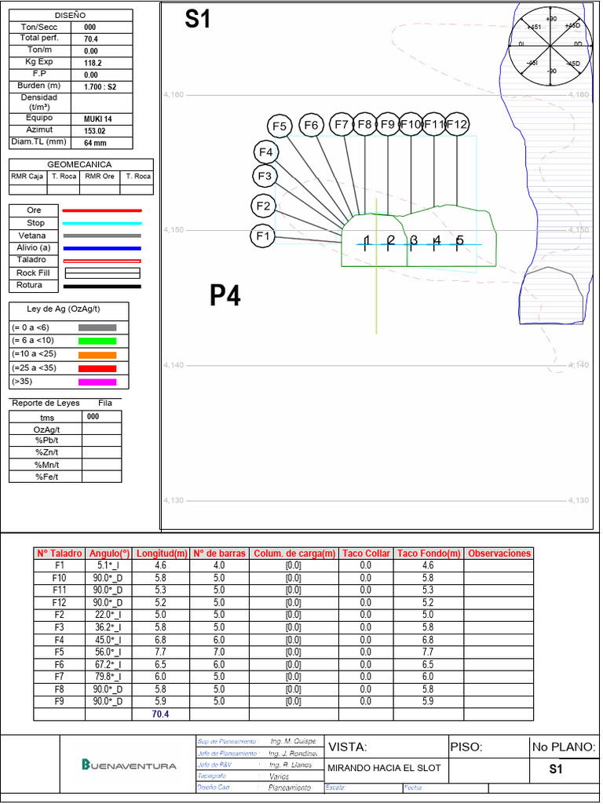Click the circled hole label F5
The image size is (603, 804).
280,126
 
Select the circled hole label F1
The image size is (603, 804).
262,236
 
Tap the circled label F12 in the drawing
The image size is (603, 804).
457,124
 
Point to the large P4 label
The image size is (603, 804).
225,296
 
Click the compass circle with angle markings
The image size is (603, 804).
551,45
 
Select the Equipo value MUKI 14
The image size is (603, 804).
98,119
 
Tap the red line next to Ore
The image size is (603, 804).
102,210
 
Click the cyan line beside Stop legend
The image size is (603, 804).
102,223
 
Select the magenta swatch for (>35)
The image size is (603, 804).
97,382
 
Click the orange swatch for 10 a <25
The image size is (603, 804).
97,355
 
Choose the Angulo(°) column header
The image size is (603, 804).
109,554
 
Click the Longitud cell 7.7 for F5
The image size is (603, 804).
160,652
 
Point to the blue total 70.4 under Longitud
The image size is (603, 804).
160,714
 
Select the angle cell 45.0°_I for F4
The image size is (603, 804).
109,640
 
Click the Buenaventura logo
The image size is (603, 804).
130,766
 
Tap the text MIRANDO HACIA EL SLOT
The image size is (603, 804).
384,768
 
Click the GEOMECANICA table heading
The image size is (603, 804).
80,164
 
